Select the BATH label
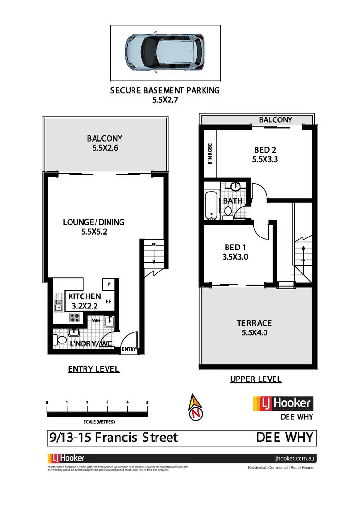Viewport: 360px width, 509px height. (x=233, y=201)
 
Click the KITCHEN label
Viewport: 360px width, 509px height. (x=84, y=296)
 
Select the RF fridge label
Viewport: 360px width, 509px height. (x=109, y=302)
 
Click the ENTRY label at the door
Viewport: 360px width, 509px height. (x=129, y=349)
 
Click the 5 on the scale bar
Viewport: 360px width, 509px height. (x=147, y=402)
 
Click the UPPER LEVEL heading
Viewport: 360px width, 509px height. (x=256, y=379)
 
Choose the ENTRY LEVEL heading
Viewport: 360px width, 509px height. (x=93, y=369)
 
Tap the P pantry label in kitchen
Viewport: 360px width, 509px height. (x=109, y=284)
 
